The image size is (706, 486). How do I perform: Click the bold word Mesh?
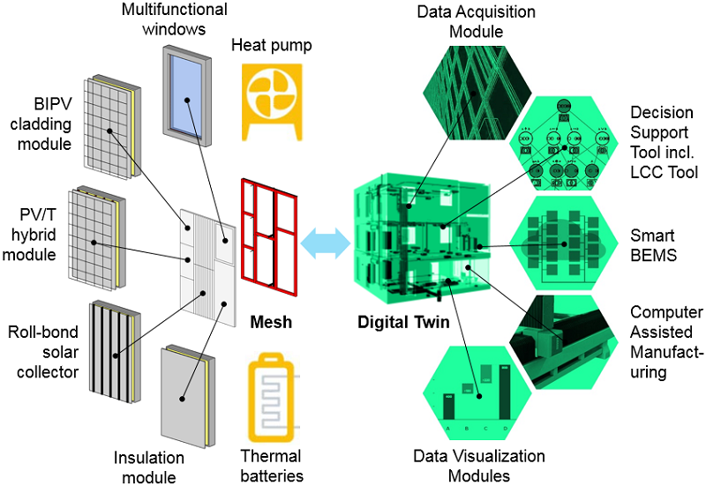[270, 321]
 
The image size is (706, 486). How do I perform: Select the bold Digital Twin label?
[403, 323]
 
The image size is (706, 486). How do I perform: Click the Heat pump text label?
[272, 44]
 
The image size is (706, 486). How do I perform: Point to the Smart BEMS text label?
[653, 246]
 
